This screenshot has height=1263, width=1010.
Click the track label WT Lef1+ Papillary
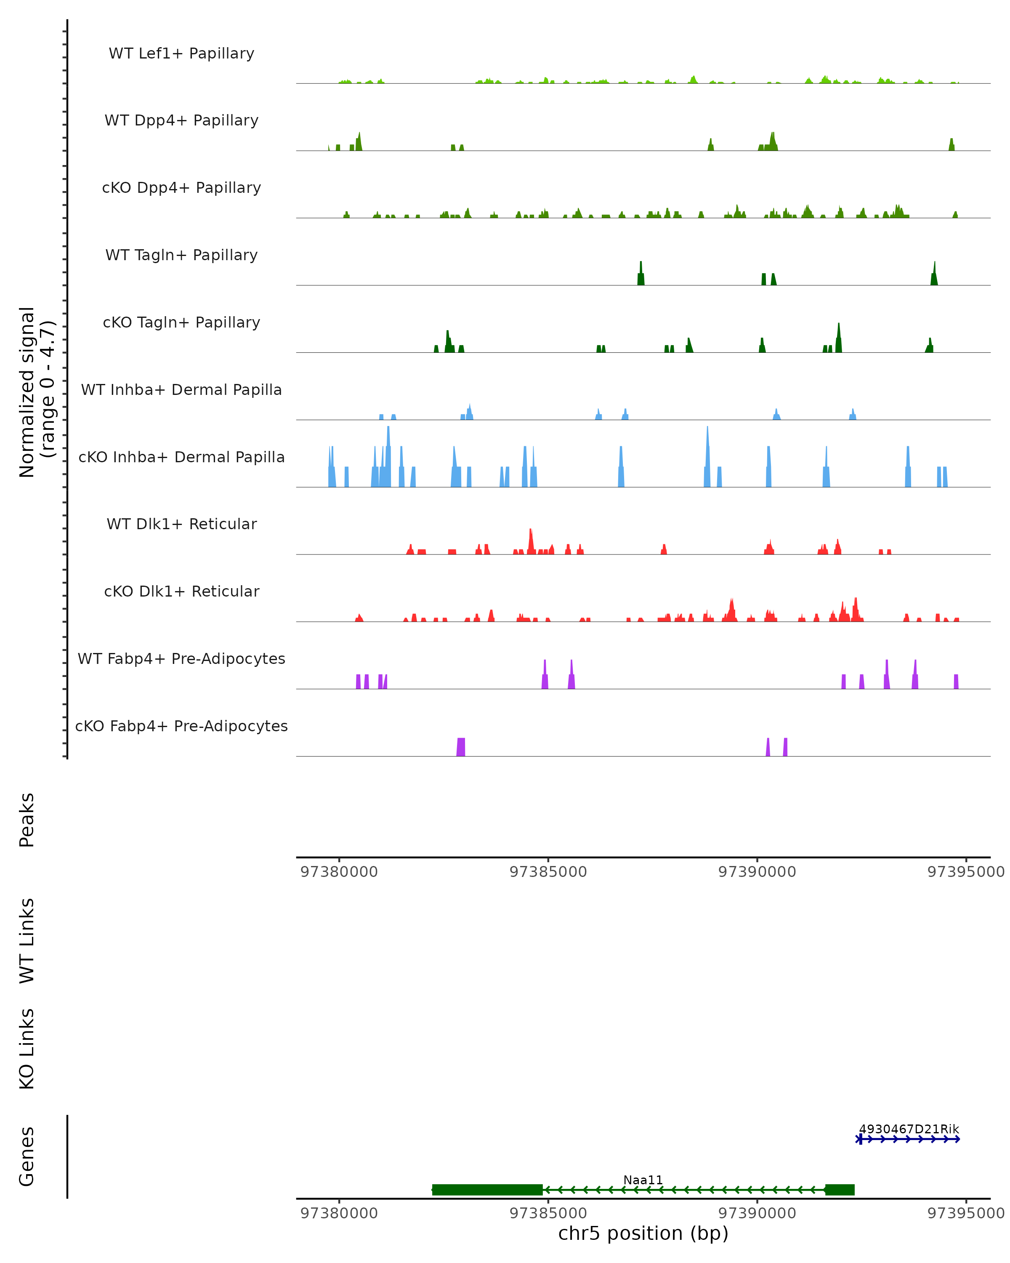[x=181, y=53]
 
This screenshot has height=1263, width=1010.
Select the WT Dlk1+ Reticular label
[x=181, y=524]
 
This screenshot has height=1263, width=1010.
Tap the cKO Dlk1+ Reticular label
[x=181, y=591]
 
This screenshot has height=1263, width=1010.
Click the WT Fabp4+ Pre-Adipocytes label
[x=181, y=658]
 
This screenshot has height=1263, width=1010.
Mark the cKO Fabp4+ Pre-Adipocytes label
[x=181, y=726]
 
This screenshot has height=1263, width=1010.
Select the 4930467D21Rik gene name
[x=909, y=1130]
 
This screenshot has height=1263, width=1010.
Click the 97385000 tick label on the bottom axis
[x=548, y=1213]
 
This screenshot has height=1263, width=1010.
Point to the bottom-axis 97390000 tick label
[x=757, y=1213]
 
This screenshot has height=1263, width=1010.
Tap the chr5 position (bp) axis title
[x=643, y=1233]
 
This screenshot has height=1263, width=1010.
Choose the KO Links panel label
[x=27, y=1049]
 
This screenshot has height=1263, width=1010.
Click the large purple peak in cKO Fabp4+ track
[x=461, y=748]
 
